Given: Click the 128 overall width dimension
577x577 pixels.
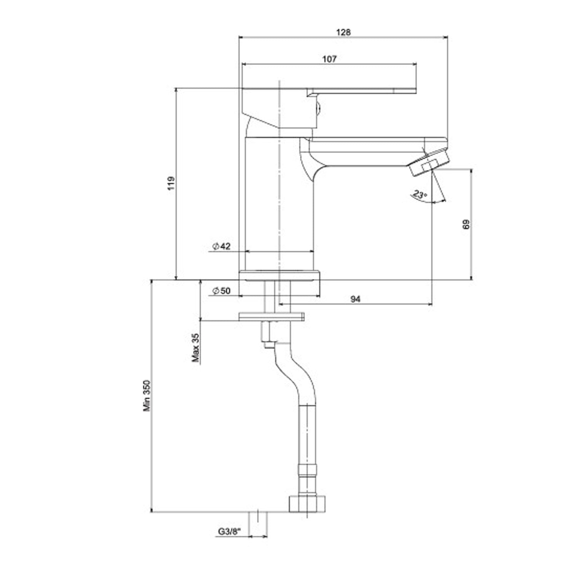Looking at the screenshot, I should click(x=344, y=32).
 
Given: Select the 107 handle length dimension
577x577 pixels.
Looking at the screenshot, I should click(x=329, y=59).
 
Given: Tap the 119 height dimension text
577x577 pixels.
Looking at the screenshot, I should click(x=171, y=184).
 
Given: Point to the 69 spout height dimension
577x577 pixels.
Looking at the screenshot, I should click(x=466, y=224).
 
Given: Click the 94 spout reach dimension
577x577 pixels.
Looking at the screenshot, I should click(x=356, y=299).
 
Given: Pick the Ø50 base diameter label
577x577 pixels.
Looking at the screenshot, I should click(x=221, y=291).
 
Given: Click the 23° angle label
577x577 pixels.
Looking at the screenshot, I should click(x=419, y=194).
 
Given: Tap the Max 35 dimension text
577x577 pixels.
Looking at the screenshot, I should click(x=196, y=348).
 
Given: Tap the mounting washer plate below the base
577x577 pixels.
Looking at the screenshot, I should click(x=271, y=316).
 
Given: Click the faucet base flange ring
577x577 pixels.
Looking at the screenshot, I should click(x=280, y=275).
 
